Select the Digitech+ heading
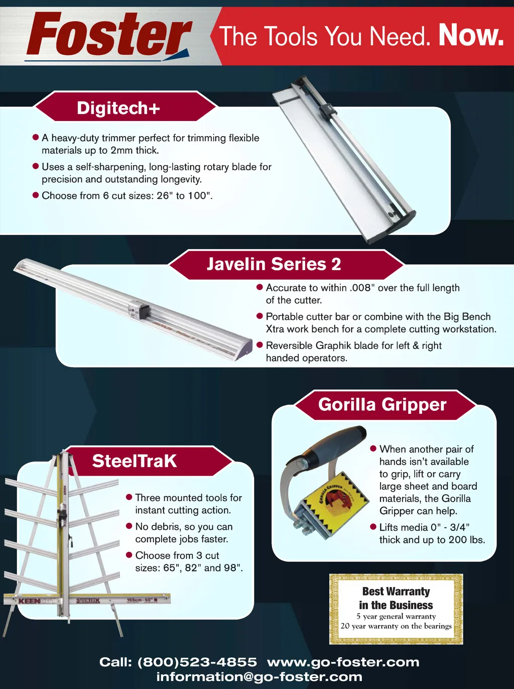tap(118, 108)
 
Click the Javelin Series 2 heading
tap(274, 264)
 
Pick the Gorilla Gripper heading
tap(382, 404)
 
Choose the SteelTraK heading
tap(135, 461)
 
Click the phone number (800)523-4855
tap(197, 662)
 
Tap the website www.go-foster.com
tap(343, 662)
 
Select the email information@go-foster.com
tap(259, 677)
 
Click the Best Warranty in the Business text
tap(396, 598)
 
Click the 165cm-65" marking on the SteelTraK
tap(140, 600)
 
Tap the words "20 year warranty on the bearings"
tap(396, 626)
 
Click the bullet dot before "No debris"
tap(129, 526)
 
